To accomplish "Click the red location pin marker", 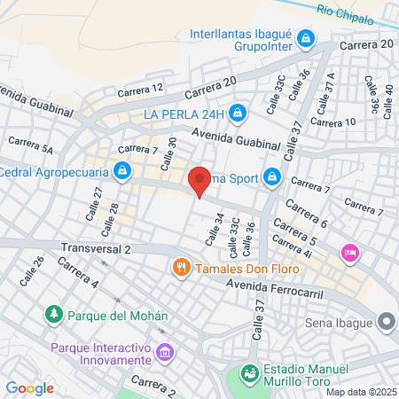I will (199, 181).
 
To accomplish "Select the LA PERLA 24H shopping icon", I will (237, 113).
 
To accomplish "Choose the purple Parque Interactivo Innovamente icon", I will (164, 354).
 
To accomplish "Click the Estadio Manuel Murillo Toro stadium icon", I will (251, 373).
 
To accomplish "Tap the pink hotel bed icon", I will (350, 254).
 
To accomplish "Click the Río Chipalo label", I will (351, 12).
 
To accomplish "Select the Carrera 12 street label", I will (145, 88).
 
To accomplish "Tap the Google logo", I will (29, 387).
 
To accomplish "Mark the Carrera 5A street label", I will (30, 146).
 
